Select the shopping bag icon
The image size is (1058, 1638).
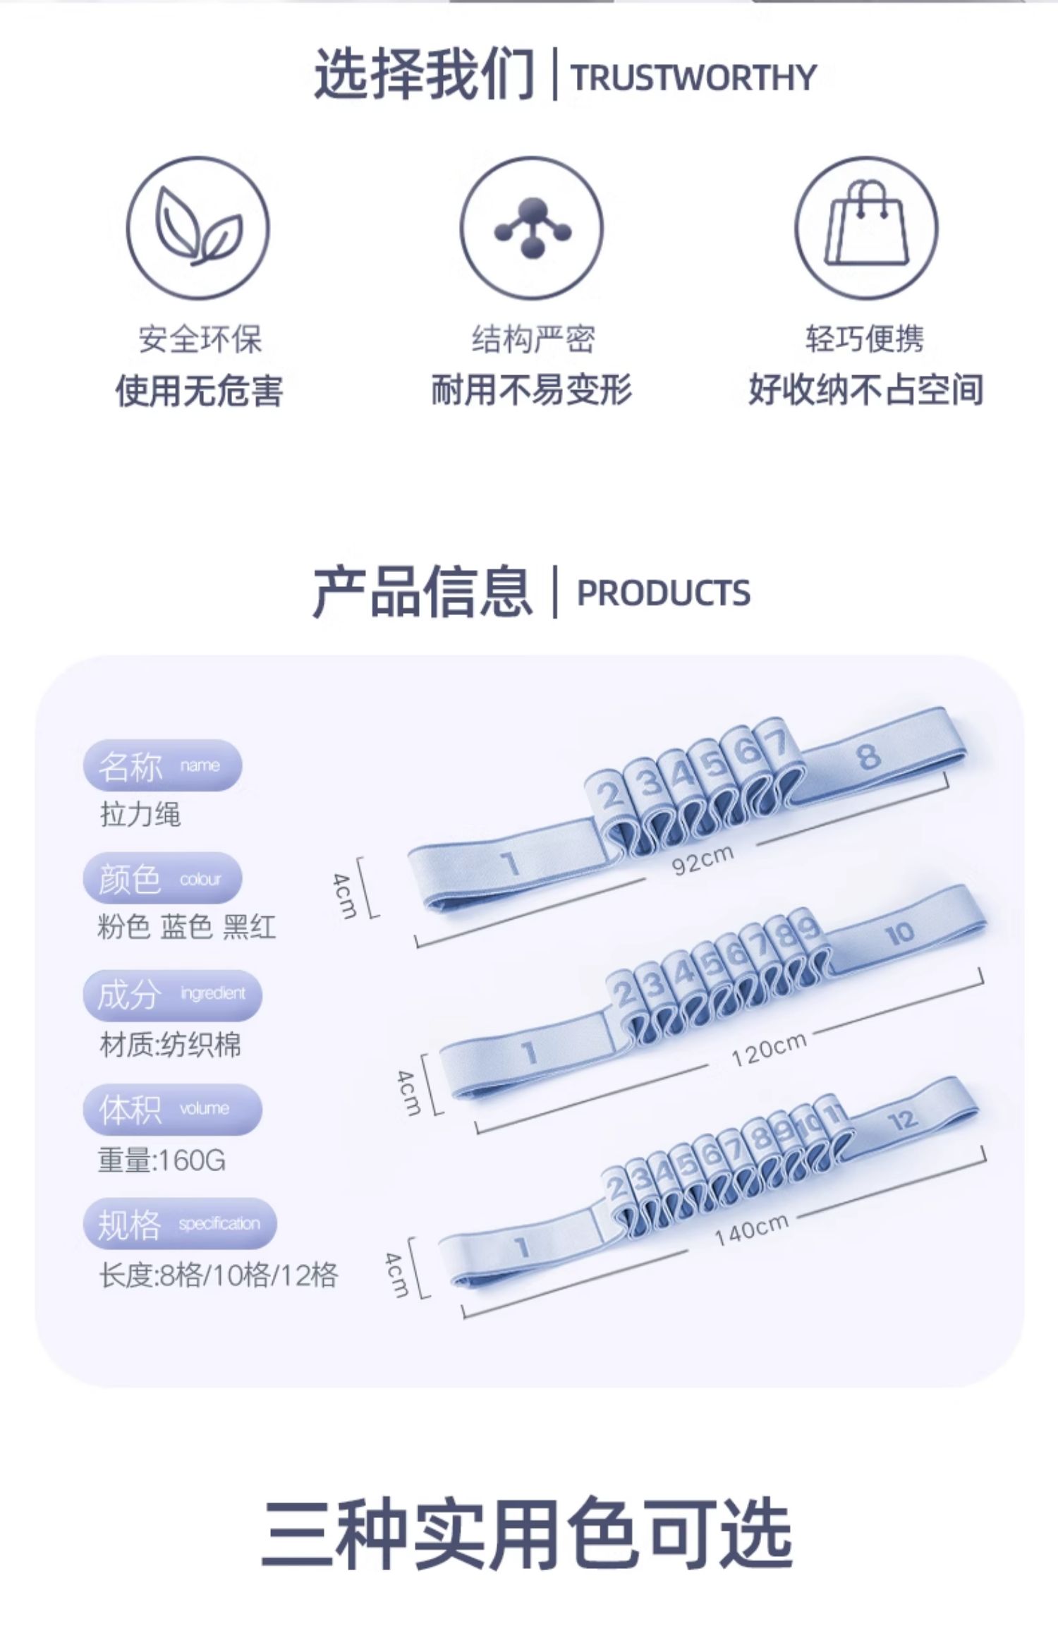(866, 227)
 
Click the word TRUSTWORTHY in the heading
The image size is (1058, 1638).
(693, 77)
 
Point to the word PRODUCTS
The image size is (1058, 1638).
(663, 593)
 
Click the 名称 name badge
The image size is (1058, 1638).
(162, 765)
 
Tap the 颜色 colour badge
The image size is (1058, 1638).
(162, 879)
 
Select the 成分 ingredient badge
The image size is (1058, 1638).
(172, 995)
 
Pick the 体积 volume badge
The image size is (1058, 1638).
(172, 1109)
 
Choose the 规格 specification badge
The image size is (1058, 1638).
(179, 1223)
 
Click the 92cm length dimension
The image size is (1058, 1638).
(703, 859)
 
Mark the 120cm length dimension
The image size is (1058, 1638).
(768, 1049)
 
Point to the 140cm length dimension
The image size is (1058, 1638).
(750, 1231)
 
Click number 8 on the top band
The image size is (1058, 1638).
(869, 756)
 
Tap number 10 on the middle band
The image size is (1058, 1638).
(899, 934)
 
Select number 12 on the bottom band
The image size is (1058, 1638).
(902, 1120)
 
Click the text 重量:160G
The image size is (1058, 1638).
(162, 1160)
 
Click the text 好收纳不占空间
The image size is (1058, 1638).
(865, 390)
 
